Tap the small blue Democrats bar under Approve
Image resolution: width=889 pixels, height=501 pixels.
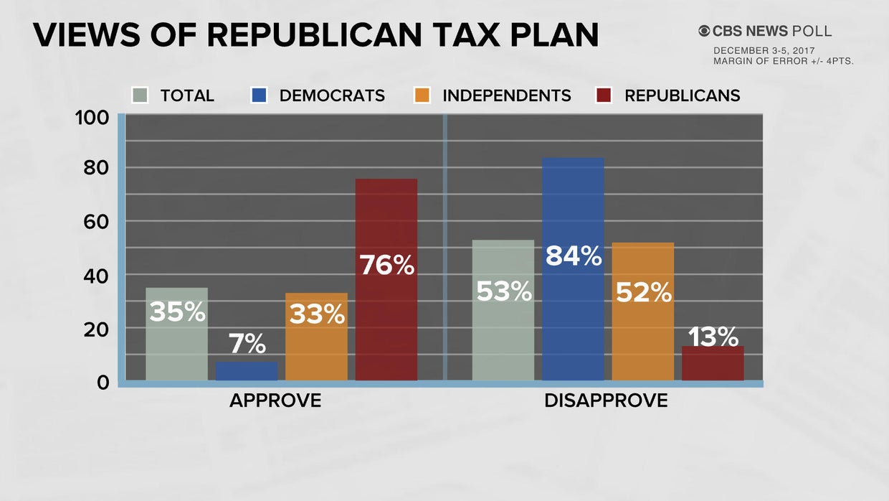247,371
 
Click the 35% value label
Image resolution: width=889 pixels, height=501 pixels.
177,312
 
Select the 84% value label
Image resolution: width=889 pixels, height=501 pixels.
573,256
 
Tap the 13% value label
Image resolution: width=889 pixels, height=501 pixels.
713,336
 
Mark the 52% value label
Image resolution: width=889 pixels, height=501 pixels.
643,292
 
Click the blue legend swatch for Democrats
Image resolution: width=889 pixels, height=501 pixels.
260,95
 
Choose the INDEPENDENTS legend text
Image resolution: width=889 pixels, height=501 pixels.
507,95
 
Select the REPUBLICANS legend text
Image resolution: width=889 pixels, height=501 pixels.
682,95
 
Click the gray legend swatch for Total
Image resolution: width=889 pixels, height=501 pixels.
140,95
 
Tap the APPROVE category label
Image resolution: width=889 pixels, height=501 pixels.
275,401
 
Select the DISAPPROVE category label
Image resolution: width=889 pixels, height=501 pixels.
606,401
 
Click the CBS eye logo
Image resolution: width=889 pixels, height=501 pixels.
705,31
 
